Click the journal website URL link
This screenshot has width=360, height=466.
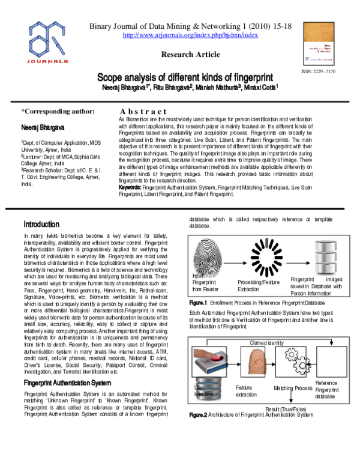pos(190,35)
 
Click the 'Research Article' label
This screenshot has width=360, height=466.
pos(190,55)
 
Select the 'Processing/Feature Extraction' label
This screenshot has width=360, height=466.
pos(258,285)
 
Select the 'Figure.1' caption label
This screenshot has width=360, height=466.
pos(198,303)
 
